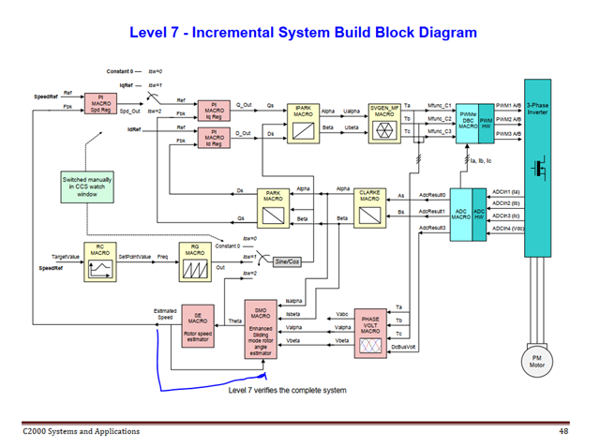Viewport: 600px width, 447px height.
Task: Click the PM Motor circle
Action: tap(537, 361)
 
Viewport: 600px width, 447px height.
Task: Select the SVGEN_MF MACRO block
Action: tap(385, 121)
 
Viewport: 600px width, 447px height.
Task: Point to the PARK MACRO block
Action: tap(273, 207)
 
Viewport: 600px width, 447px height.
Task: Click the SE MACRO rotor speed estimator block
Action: tap(198, 324)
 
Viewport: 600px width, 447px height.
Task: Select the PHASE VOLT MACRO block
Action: tap(369, 332)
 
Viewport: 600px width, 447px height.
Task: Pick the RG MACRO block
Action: tap(195, 263)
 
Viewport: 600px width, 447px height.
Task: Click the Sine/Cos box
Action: tap(280, 261)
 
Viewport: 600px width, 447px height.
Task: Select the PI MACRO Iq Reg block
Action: tap(214, 111)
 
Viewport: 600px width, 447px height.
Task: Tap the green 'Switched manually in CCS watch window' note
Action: tap(86, 186)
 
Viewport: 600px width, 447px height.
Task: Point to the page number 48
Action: tap(563, 431)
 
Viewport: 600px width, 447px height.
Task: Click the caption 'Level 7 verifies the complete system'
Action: tap(288, 390)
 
